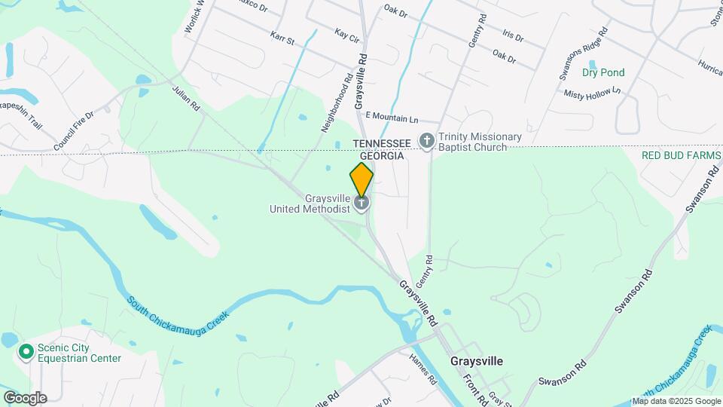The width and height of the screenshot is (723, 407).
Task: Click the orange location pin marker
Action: tap(361, 179)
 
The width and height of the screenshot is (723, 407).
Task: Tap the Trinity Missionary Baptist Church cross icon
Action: tap(427, 141)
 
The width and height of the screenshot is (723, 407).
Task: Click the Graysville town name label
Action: tap(476, 361)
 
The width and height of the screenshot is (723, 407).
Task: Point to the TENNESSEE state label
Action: tap(382, 142)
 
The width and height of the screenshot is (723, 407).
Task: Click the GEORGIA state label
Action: tap(382, 155)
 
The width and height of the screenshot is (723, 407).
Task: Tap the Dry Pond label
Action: tap(603, 73)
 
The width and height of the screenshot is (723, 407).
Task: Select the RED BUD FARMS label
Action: tap(682, 155)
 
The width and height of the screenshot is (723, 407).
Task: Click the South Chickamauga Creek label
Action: tap(177, 317)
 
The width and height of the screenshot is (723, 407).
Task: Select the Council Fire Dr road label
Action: tap(73, 130)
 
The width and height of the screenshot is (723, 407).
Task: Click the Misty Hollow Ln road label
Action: tap(592, 92)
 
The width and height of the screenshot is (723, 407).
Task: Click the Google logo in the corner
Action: tap(24, 397)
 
